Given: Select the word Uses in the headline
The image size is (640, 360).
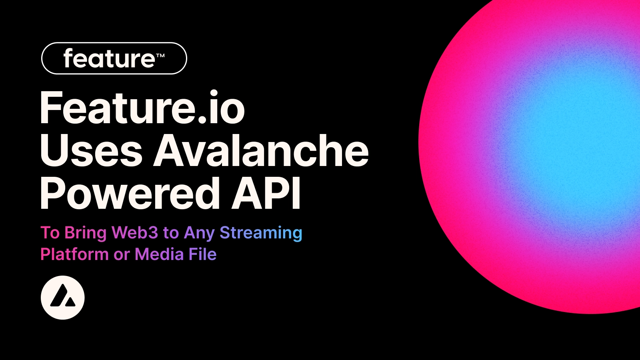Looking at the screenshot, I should pyautogui.click(x=91, y=151).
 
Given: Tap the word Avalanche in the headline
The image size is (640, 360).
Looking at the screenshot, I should pyautogui.click(x=261, y=151).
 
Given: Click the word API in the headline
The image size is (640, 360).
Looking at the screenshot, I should pyautogui.click(x=266, y=194).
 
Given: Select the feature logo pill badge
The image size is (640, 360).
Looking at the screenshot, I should pyautogui.click(x=114, y=58).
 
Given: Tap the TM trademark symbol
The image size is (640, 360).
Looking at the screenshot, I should pyautogui.click(x=160, y=56).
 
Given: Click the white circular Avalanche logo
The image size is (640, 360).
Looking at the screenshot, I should pyautogui.click(x=63, y=298).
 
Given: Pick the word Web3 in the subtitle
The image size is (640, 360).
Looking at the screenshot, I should pyautogui.click(x=135, y=232).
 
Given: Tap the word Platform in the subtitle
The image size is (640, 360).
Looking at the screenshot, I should pyautogui.click(x=74, y=254).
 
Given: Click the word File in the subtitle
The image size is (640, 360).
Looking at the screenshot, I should pyautogui.click(x=202, y=254).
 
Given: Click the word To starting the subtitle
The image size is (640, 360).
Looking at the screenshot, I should pyautogui.click(x=50, y=233).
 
